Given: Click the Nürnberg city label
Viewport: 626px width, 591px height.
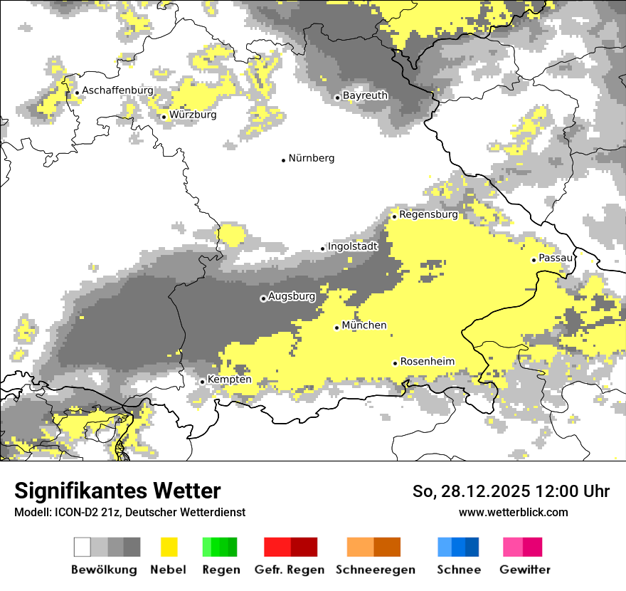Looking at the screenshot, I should pos(311,158).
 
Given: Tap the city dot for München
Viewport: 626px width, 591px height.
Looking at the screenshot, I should pos(337,328).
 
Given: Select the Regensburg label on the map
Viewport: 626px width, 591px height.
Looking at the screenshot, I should pos(428,214).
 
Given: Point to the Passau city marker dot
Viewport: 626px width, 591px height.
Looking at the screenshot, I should pos(534,260).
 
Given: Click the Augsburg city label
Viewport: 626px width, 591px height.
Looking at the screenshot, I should pos(292,296).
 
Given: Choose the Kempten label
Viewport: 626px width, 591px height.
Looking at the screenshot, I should pos(229,380).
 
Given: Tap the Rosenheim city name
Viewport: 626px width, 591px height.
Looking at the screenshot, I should pos(427,362).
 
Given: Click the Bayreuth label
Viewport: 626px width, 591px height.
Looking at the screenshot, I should pos(365,95).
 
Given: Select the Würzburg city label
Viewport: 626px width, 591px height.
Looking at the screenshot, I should pos(193,115).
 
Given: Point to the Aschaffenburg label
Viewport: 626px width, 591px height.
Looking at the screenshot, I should pos(118,90).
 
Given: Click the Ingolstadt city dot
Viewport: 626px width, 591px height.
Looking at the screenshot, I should pos(322,249).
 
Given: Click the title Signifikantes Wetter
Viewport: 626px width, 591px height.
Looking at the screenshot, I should pos(117,491).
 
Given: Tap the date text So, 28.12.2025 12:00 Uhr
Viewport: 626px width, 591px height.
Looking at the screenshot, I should pos(511,491).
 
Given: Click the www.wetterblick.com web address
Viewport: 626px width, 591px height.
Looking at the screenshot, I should pos(513,512).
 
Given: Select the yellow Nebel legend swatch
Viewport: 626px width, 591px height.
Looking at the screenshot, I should pos(169,547).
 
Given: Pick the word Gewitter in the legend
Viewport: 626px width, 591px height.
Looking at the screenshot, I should pos(525,570).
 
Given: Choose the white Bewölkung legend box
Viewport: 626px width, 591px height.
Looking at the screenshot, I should pos(82,547).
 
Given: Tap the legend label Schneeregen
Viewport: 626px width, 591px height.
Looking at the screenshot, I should pos(376,570).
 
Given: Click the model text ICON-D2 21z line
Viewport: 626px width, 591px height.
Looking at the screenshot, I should pos(129,512).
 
